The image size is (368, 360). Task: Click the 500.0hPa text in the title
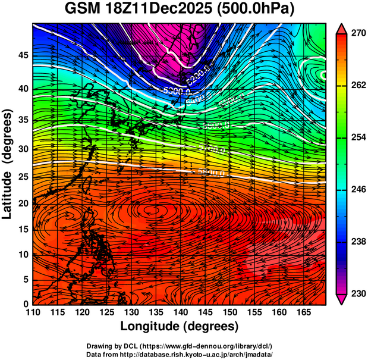click(x=257, y=10)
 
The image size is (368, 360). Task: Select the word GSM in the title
click(x=83, y=10)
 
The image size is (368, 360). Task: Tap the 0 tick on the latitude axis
click(x=25, y=304)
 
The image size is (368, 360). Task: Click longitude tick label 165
click(x=301, y=313)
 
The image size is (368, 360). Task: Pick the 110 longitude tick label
click(x=33, y=313)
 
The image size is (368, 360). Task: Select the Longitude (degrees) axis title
click(x=179, y=327)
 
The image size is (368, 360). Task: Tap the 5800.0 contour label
click(x=212, y=173)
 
